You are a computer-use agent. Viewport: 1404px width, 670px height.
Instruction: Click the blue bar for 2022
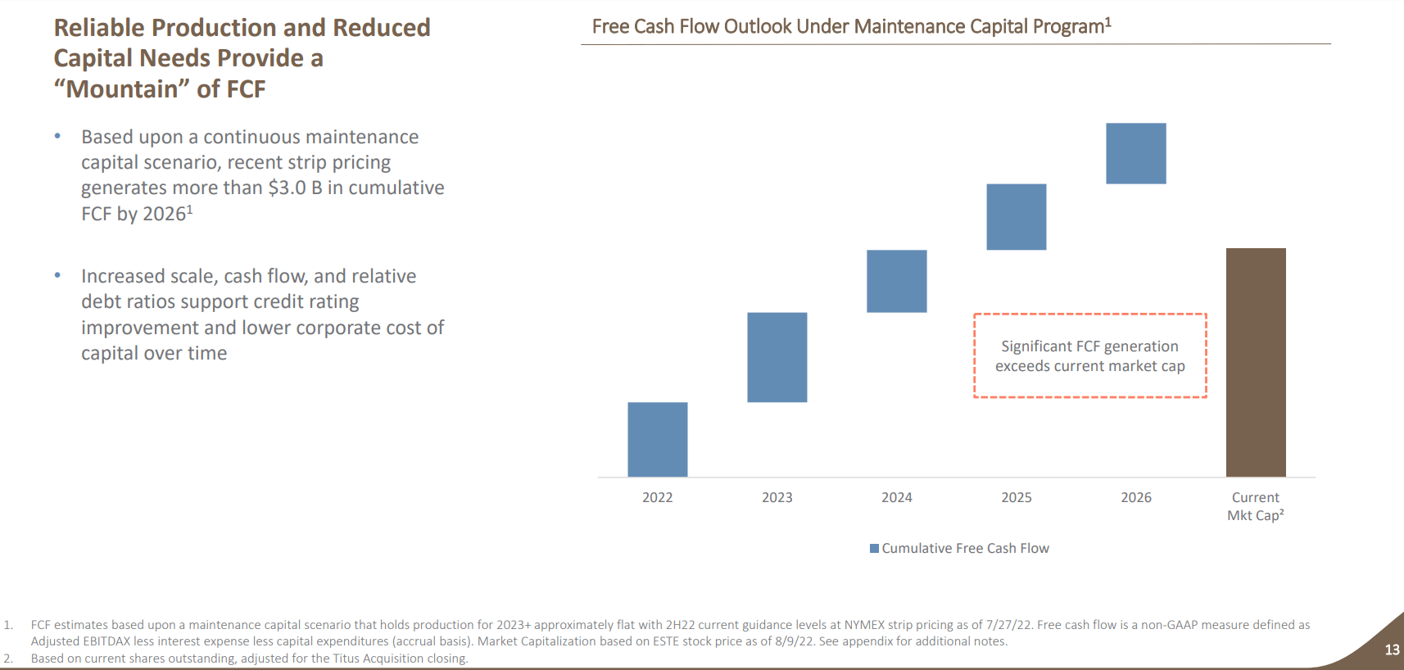pyautogui.click(x=657, y=439)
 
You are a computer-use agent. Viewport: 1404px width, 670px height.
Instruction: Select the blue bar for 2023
pyautogui.click(x=777, y=357)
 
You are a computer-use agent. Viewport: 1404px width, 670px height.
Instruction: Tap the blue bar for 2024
pyautogui.click(x=896, y=281)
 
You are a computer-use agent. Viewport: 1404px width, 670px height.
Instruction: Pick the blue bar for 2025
pyautogui.click(x=1016, y=217)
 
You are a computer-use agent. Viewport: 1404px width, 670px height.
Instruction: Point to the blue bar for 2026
pyautogui.click(x=1135, y=153)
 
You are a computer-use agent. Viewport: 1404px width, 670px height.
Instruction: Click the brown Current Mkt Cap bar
pyautogui.click(x=1255, y=362)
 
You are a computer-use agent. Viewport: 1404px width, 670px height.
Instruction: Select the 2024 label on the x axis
pyautogui.click(x=896, y=497)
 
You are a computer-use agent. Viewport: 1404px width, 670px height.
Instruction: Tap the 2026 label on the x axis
pyautogui.click(x=1135, y=497)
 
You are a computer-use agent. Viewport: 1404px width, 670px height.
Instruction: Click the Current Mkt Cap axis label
pyautogui.click(x=1255, y=506)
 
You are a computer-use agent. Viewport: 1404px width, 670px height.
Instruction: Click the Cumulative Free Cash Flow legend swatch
pyautogui.click(x=874, y=548)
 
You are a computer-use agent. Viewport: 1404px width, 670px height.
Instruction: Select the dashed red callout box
pyautogui.click(x=1089, y=355)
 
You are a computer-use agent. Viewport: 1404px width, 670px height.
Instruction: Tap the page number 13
pyautogui.click(x=1392, y=650)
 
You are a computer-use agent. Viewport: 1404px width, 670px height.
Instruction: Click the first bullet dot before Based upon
pyautogui.click(x=57, y=136)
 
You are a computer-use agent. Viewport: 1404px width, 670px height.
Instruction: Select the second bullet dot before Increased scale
pyautogui.click(x=57, y=275)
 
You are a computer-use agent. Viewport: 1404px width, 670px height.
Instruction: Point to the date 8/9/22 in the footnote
pyautogui.click(x=794, y=641)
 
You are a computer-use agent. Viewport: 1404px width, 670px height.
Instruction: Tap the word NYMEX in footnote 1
pyautogui.click(x=864, y=625)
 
